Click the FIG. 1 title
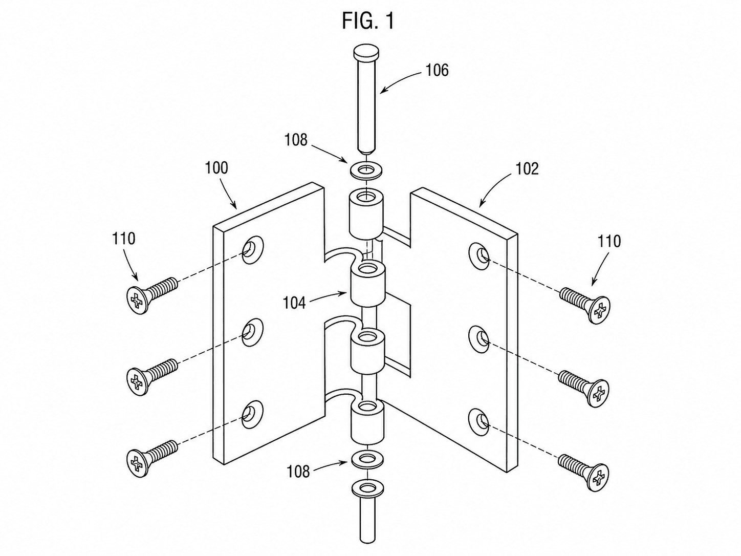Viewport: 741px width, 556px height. (368, 21)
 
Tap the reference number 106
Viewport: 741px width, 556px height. (437, 71)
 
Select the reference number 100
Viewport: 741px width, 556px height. (217, 168)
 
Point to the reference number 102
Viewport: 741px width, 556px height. (527, 168)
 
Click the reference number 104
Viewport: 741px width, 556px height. (294, 303)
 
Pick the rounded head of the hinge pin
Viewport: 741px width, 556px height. (366, 53)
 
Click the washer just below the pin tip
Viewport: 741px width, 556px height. (366, 170)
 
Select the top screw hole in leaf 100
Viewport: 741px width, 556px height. (252, 250)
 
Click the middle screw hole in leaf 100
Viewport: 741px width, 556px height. (252, 332)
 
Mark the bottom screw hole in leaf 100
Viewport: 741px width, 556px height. (252, 415)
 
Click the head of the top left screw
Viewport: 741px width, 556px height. (137, 300)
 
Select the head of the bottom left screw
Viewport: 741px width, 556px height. (137, 463)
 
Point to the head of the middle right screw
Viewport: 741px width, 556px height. (599, 393)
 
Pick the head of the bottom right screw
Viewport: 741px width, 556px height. (599, 477)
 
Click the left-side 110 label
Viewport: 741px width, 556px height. (123, 239)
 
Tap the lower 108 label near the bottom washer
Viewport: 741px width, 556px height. (298, 472)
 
